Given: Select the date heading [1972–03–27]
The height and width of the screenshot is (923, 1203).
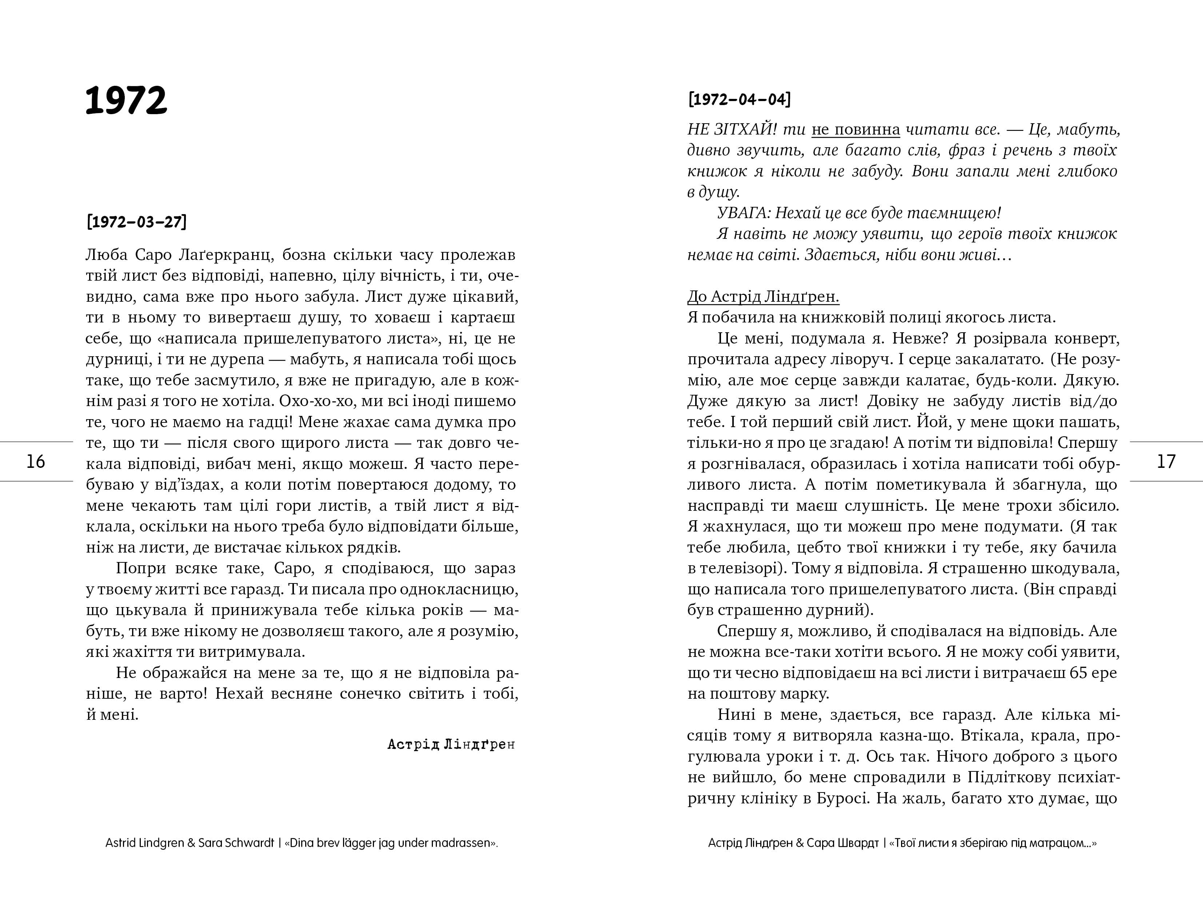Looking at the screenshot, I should (136, 222).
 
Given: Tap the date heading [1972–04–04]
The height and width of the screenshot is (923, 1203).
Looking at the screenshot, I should (739, 100).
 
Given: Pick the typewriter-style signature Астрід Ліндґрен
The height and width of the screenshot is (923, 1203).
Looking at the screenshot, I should (451, 745).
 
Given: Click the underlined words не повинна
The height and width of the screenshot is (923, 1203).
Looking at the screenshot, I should (856, 130).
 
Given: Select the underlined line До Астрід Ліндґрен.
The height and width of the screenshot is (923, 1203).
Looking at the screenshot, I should (763, 297).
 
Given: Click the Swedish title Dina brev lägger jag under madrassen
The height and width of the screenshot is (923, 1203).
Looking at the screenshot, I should (390, 843).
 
